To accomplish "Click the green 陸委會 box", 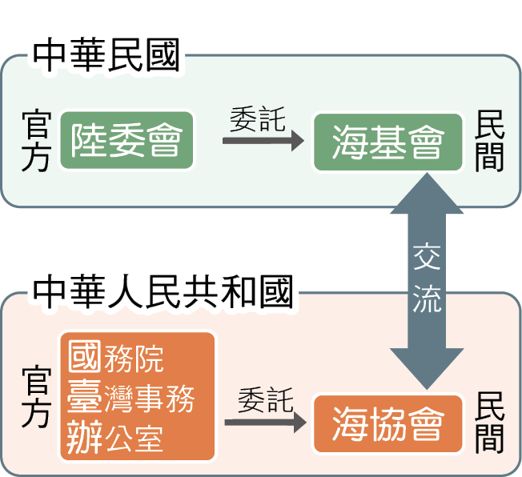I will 126,142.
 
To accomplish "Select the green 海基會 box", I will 388,142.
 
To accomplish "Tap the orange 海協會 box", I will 388,423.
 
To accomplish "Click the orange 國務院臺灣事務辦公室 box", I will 138,396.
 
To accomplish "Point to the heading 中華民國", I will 106,58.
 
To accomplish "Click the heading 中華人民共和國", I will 163,294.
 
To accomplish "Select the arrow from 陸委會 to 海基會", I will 263,142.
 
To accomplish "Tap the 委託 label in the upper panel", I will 257,120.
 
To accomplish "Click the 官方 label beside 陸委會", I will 37,142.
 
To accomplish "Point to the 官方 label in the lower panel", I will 37,398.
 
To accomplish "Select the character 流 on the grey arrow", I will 427,299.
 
